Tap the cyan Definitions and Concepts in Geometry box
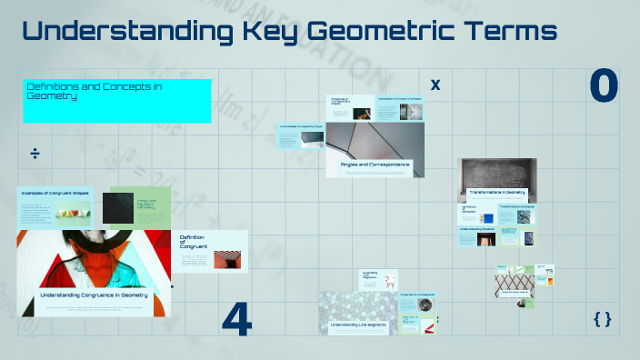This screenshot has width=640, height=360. [x=116, y=100]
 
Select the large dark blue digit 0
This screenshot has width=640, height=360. [x=604, y=86]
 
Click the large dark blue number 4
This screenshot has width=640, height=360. [x=237, y=320]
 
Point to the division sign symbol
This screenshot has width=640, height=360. [x=35, y=153]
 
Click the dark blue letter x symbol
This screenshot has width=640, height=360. [x=435, y=85]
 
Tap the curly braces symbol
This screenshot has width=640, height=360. [x=602, y=318]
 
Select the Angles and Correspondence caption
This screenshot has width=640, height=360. [x=375, y=165]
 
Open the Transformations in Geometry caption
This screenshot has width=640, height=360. [x=496, y=193]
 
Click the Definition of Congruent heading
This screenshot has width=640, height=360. [x=194, y=241]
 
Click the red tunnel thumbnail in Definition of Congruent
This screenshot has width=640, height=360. [x=226, y=258]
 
